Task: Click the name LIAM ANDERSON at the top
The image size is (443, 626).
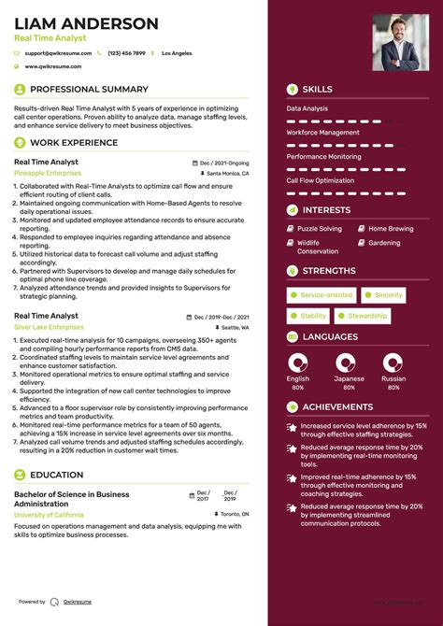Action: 86,22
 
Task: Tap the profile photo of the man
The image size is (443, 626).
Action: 395,42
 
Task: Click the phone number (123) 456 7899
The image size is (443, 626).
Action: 127,54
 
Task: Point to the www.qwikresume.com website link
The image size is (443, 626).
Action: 53,66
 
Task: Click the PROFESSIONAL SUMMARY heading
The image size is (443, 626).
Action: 89,90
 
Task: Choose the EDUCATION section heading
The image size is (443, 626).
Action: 56,475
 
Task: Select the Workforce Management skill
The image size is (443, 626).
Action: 322,133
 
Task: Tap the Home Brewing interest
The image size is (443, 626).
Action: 390,229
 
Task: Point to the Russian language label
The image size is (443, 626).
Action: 393,379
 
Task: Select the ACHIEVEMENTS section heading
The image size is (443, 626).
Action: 337,407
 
